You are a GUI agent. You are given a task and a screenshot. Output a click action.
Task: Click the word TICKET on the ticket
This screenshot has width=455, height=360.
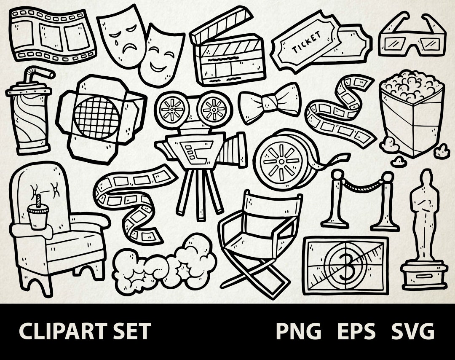pos(306,42)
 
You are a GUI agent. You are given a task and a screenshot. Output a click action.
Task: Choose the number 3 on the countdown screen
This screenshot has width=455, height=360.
pos(345,266)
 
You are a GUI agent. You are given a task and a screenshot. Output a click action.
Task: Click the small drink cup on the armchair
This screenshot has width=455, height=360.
pos(38,215)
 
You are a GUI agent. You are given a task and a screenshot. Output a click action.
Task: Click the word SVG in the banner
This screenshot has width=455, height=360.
pos(413,331)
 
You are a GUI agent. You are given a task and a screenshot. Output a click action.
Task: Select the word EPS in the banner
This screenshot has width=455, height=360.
pos(356,331)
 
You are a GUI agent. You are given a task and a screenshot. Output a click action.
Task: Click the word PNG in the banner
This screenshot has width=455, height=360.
pos(298,331)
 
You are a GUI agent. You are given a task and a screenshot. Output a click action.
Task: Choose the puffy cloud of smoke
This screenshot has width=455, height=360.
pos(164,263)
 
